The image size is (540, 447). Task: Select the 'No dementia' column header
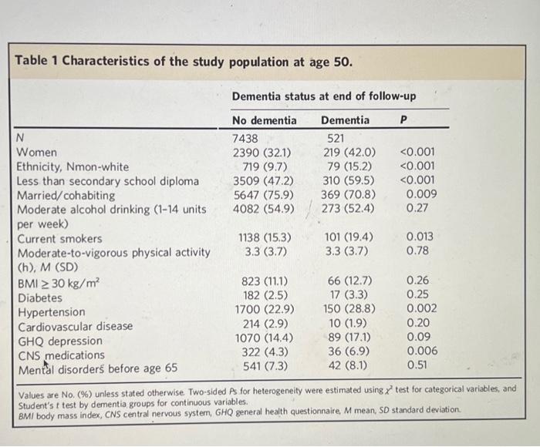(x=264, y=120)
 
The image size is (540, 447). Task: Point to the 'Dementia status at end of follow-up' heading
(x=324, y=96)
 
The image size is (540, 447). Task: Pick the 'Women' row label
(x=37, y=153)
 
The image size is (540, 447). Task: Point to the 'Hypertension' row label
(x=51, y=312)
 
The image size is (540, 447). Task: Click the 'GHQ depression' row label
(x=59, y=341)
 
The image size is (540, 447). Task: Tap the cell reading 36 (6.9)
(x=349, y=354)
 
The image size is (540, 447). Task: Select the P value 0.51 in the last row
(x=417, y=367)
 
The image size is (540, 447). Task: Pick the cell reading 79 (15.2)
(x=349, y=166)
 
